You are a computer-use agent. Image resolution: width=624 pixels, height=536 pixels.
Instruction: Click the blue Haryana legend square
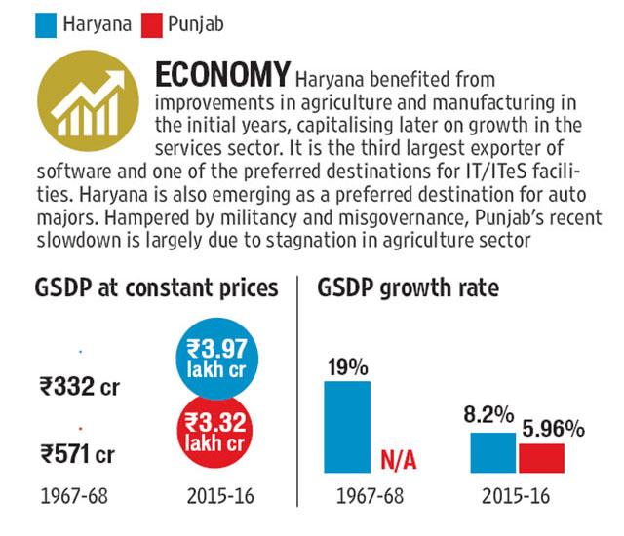tap(46, 25)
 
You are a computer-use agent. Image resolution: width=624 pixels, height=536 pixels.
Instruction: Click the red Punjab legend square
tap(152, 25)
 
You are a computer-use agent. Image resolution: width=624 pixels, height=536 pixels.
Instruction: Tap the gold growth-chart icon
tap(88, 100)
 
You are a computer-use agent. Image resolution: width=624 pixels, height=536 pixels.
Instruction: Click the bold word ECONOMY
tap(222, 74)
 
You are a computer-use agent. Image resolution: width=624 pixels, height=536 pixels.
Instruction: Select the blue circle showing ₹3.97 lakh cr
tap(217, 359)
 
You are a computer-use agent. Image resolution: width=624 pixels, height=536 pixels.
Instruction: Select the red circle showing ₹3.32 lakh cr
tap(216, 431)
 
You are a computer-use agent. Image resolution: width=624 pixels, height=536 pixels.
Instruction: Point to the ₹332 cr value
tap(80, 386)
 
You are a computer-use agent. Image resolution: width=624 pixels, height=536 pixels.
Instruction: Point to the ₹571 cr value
tap(78, 454)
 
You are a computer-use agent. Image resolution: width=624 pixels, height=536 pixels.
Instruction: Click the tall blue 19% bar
tap(347, 427)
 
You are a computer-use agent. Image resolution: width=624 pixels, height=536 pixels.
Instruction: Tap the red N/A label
tap(399, 460)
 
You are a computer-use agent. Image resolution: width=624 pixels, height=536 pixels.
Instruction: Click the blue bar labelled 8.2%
tap(493, 452)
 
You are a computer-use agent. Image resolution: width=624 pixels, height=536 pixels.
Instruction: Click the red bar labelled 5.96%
tap(542, 458)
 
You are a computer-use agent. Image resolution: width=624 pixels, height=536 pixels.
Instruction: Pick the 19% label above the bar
tap(348, 367)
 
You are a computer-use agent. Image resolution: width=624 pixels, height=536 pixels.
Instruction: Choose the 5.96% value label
tap(553, 429)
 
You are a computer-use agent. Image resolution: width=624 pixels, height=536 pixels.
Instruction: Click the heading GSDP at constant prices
tap(156, 287)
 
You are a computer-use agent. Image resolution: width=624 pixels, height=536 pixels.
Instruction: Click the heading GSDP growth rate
tap(408, 287)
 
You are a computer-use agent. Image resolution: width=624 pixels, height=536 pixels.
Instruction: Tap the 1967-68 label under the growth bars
tap(370, 496)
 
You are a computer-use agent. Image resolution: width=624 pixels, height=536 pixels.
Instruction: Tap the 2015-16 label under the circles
tap(220, 496)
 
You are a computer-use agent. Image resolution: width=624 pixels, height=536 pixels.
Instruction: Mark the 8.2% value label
tap(488, 415)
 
